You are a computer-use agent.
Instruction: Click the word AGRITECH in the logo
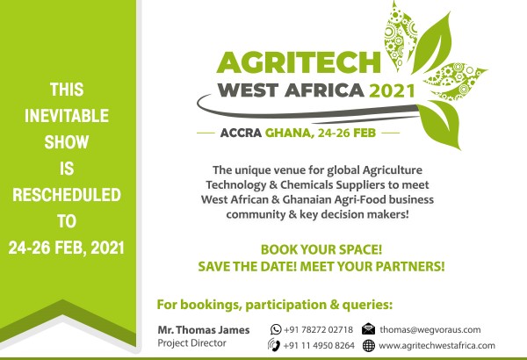(299, 62)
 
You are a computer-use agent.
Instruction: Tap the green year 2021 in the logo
(392, 90)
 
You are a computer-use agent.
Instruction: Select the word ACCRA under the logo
(241, 133)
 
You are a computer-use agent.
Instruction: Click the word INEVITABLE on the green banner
(67, 116)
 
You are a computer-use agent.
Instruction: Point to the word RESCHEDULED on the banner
(67, 195)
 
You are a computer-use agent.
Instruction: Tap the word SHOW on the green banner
(67, 142)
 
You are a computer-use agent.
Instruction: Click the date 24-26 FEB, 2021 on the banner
(67, 248)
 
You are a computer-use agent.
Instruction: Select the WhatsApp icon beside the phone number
(276, 329)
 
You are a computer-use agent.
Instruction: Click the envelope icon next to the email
(368, 329)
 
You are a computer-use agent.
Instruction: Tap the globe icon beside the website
(369, 346)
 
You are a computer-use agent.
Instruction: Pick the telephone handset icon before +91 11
(274, 345)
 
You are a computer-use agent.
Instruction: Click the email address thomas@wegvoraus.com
(430, 330)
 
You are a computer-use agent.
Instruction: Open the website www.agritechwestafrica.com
(437, 346)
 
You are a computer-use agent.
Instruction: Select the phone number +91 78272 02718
(318, 330)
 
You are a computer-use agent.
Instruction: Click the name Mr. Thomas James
(204, 330)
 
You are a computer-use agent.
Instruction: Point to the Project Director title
(191, 343)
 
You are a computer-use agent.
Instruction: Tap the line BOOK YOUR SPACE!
(321, 249)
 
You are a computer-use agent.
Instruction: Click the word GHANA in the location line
(289, 133)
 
